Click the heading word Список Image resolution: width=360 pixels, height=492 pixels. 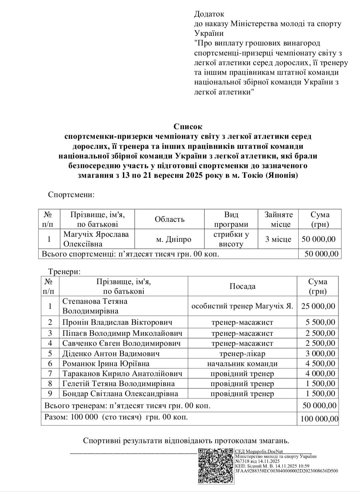(188, 127)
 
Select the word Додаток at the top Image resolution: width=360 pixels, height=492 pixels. (209, 14)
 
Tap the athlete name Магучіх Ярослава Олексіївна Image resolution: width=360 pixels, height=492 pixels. (96, 239)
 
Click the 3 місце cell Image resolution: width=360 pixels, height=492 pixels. (278, 239)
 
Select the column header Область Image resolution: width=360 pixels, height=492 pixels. (169, 219)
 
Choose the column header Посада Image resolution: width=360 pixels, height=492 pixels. (242, 286)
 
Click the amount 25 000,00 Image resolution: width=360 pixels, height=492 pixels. (318, 306)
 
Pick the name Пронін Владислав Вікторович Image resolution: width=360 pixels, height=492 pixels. (117, 322)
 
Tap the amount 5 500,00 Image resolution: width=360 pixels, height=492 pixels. (320, 322)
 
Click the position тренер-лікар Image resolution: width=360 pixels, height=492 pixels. (242, 353)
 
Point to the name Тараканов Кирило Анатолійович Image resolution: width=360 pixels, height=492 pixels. (122, 373)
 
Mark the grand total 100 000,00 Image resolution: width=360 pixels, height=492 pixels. (319, 419)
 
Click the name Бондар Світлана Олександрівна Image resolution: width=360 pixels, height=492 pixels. (120, 393)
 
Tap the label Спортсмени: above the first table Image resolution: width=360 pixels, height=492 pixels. (71, 194)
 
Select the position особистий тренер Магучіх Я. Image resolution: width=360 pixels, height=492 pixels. (242, 306)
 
